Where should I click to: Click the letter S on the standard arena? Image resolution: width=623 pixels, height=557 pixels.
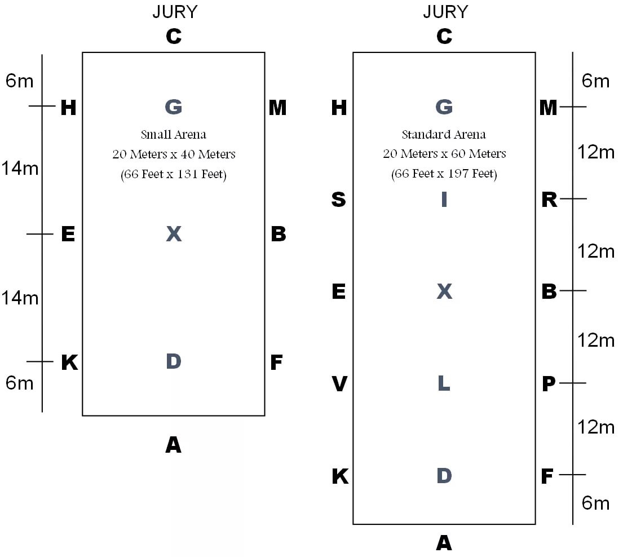pyautogui.click(x=338, y=200)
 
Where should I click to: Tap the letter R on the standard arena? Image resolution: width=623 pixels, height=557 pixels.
pyautogui.click(x=549, y=200)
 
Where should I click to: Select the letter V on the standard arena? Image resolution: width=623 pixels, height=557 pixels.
pyautogui.click(x=339, y=384)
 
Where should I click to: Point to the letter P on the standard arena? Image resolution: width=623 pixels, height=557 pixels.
pyautogui.click(x=549, y=384)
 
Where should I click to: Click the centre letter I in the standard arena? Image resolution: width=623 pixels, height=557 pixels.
pyautogui.click(x=444, y=200)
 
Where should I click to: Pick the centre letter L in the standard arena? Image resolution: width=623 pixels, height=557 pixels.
pyautogui.click(x=444, y=384)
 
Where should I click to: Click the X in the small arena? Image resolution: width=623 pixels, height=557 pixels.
pyautogui.click(x=174, y=234)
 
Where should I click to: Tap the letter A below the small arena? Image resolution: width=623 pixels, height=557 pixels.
pyautogui.click(x=173, y=445)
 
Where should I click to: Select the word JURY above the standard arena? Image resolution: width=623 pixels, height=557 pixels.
pyautogui.click(x=445, y=12)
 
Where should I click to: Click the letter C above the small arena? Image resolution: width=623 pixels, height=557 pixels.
pyautogui.click(x=174, y=37)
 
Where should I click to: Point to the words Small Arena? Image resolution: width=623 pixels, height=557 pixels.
pyautogui.click(x=174, y=135)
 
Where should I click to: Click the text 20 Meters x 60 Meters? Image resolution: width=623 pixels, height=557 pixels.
pyautogui.click(x=444, y=154)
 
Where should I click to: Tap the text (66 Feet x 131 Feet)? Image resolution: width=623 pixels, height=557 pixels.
pyautogui.click(x=174, y=175)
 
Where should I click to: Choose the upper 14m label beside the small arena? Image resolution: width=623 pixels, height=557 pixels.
pyautogui.click(x=20, y=167)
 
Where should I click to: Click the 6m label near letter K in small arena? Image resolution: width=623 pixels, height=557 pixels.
pyautogui.click(x=20, y=383)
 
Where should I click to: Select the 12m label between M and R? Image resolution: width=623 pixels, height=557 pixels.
pyautogui.click(x=596, y=152)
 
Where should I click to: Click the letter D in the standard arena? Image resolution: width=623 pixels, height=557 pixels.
pyautogui.click(x=444, y=476)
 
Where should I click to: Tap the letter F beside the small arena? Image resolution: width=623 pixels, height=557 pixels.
pyautogui.click(x=276, y=363)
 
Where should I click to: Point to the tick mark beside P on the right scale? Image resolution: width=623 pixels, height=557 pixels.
pyautogui.click(x=573, y=383)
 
